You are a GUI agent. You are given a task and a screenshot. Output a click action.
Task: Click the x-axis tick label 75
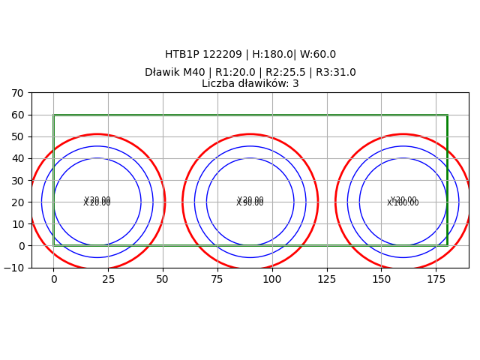217,279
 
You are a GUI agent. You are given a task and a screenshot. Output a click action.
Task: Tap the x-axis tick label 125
326,279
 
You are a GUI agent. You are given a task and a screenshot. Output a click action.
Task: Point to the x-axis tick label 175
436,279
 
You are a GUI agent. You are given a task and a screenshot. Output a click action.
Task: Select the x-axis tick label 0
53,279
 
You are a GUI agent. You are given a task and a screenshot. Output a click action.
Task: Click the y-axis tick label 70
17,93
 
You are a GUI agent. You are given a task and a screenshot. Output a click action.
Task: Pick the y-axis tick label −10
14,268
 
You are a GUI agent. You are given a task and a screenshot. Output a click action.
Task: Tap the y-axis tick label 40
17,159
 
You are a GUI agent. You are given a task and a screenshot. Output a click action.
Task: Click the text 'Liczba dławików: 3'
250,84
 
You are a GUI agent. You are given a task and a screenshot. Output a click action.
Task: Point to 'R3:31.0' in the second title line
336,73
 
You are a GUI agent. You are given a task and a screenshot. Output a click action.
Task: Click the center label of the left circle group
97,202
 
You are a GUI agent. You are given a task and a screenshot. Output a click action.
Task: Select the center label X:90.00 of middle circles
250,202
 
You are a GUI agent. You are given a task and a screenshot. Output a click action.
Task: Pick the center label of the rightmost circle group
403,202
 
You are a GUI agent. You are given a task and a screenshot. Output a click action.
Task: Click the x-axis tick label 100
271,279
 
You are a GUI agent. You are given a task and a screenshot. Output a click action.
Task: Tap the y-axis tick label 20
17,202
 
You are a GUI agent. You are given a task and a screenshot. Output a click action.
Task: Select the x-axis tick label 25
108,279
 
